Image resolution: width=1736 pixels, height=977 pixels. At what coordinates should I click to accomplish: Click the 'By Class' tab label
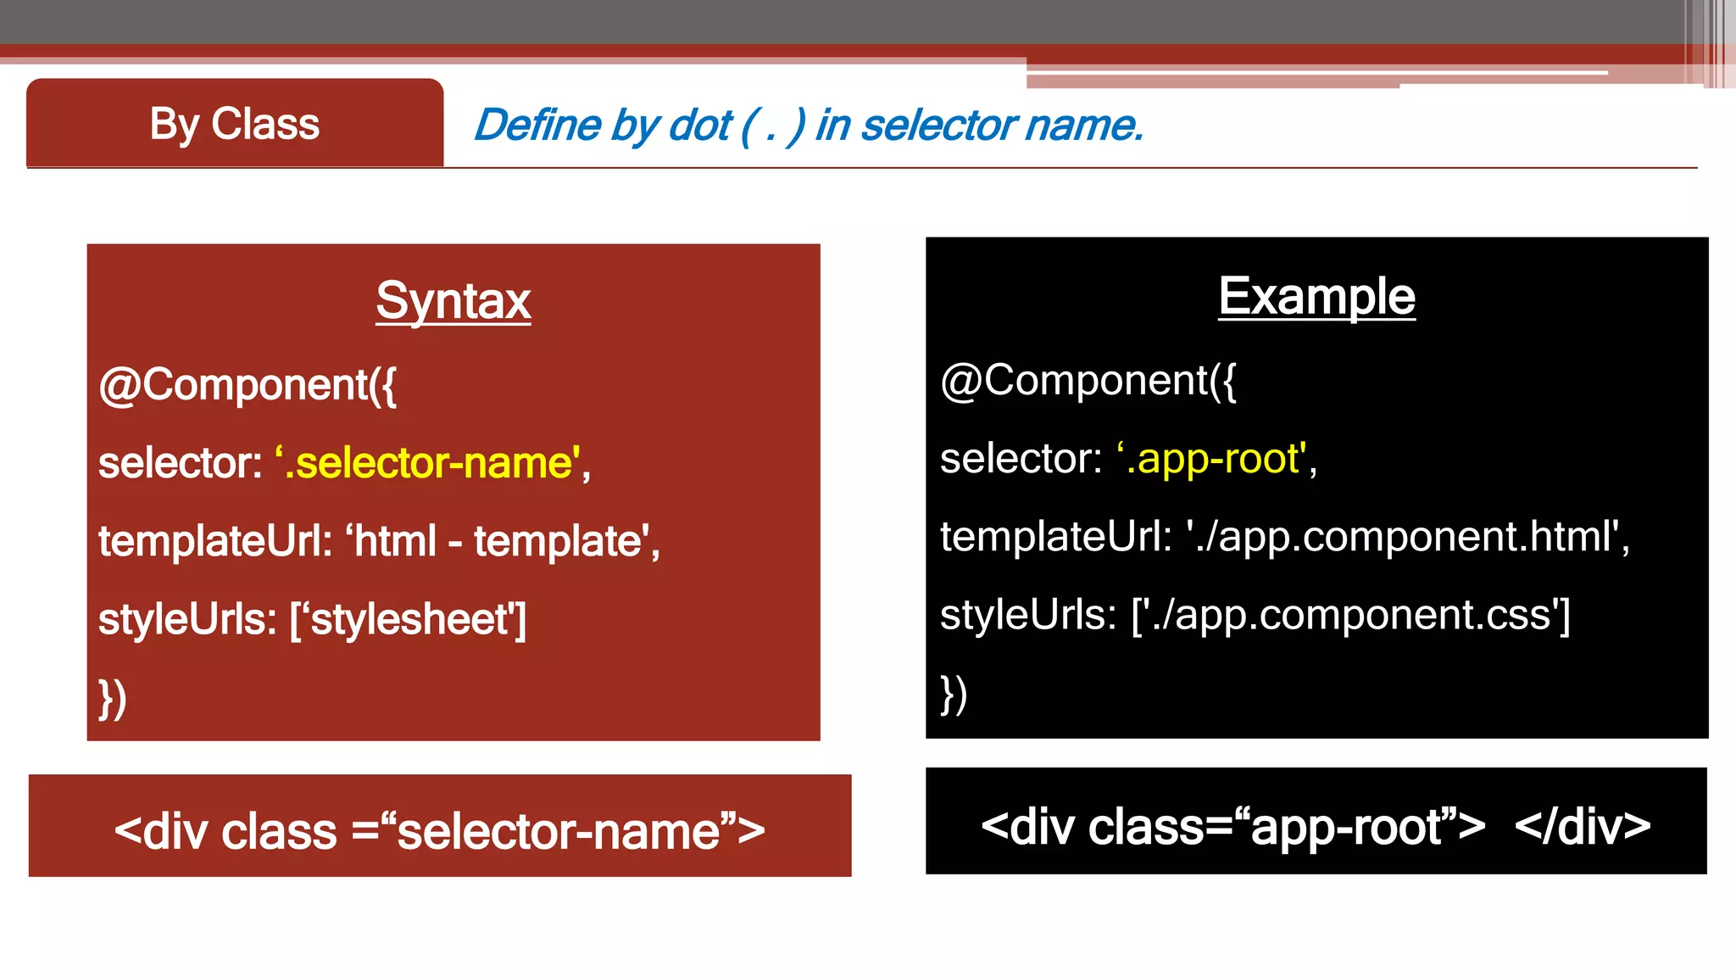click(x=235, y=124)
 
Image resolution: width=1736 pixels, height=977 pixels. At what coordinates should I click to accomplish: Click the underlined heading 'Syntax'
click(x=453, y=300)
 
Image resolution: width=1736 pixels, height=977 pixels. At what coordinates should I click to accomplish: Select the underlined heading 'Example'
click(x=1316, y=296)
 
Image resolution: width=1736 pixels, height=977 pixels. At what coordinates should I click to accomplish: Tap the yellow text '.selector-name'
click(x=432, y=463)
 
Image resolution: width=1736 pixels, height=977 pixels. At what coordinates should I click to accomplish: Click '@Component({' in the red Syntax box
click(x=248, y=385)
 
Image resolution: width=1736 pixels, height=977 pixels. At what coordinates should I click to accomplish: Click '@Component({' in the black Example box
click(x=1088, y=380)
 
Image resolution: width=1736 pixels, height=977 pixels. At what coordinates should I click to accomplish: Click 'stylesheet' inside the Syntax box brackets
click(x=409, y=619)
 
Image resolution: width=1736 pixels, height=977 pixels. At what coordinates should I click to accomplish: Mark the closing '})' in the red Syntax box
click(x=113, y=699)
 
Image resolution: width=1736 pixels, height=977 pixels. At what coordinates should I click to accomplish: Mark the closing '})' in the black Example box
click(x=954, y=695)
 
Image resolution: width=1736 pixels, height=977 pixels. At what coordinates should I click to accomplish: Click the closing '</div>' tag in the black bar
click(x=1582, y=826)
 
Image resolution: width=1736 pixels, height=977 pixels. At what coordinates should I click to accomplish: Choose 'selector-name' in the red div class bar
click(x=559, y=831)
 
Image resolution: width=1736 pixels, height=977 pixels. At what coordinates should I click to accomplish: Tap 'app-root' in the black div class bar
click(x=1347, y=826)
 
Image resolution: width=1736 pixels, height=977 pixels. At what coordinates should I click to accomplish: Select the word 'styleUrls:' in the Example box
click(x=1028, y=615)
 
